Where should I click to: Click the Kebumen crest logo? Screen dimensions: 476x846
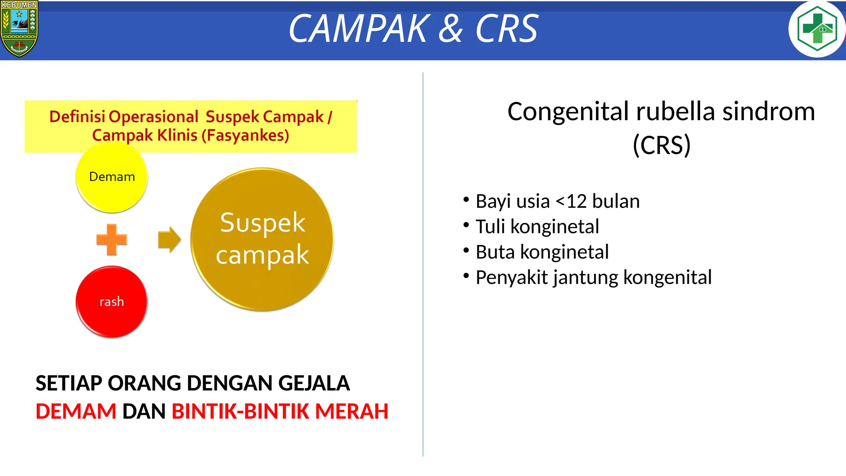click(x=19, y=29)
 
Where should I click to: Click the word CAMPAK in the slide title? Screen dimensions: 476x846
click(x=359, y=29)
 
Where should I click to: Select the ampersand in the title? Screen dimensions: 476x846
click(x=451, y=29)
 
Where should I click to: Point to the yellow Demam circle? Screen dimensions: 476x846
click(x=112, y=177)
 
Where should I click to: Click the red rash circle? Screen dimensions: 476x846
click(x=112, y=302)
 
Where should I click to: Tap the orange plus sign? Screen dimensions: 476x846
click(x=112, y=239)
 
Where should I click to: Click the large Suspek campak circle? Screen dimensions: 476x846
click(x=262, y=239)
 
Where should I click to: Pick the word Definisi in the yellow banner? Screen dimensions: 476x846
click(x=77, y=117)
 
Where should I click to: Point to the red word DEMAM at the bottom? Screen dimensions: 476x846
click(x=76, y=412)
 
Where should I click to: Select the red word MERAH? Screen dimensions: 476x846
click(x=352, y=412)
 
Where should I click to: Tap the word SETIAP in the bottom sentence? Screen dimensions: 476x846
click(x=69, y=383)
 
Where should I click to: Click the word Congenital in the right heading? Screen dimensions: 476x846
click(x=568, y=112)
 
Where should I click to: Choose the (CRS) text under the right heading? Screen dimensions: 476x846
click(x=661, y=145)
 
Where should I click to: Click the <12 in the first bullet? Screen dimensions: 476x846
click(x=571, y=202)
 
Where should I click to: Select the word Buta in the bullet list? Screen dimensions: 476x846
click(x=494, y=252)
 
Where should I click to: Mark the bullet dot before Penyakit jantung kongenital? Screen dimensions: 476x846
click(x=466, y=276)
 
